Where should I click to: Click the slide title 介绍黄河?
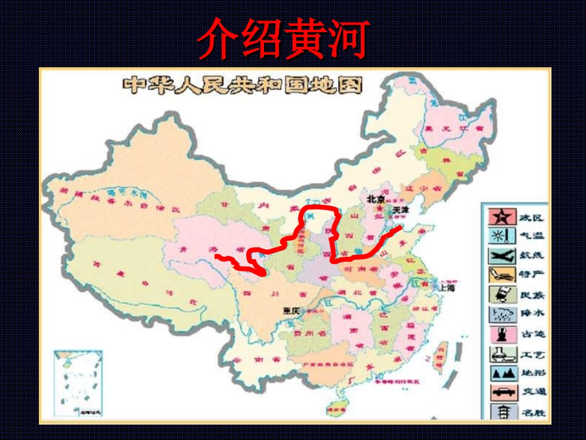(283, 38)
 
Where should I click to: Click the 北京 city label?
(376, 200)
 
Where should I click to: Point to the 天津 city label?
(400, 210)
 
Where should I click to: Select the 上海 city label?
(447, 287)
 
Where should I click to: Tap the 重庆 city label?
(291, 311)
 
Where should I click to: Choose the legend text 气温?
(531, 236)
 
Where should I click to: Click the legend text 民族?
(531, 295)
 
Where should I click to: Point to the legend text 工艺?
(531, 354)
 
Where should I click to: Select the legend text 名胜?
(531, 410)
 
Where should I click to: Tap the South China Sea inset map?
(78, 383)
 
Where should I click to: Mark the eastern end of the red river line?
(402, 228)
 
